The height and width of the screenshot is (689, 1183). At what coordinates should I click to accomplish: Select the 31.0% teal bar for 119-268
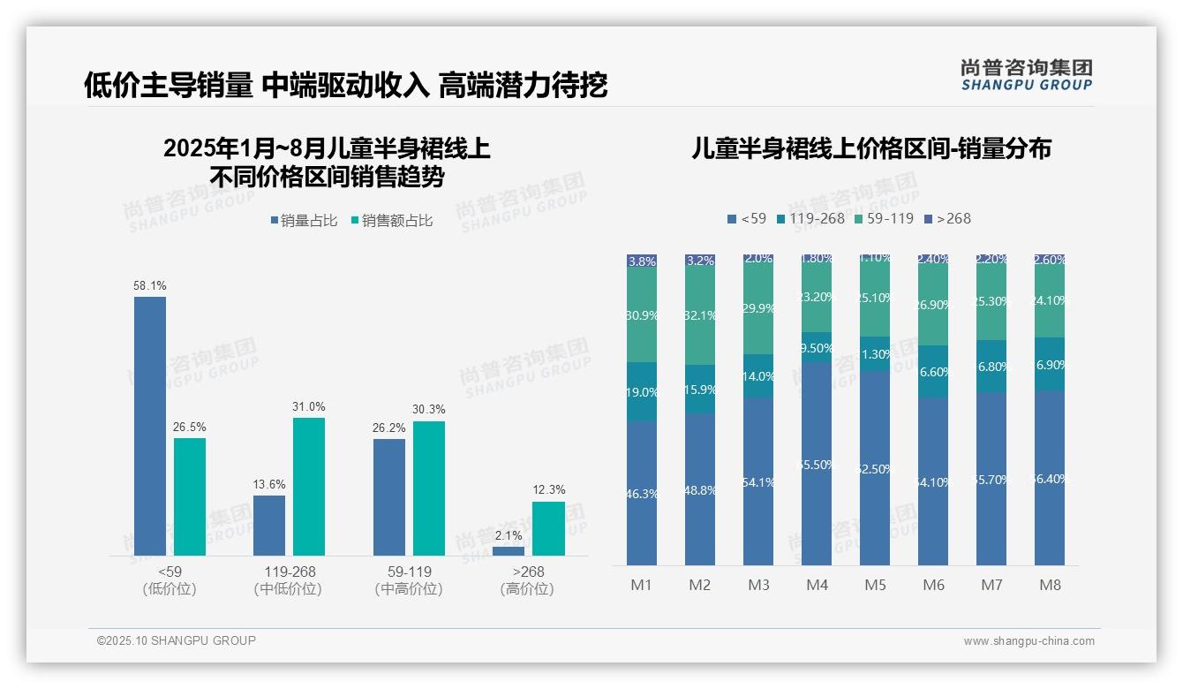click(x=309, y=487)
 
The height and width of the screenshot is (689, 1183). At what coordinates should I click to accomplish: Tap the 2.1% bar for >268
click(x=508, y=551)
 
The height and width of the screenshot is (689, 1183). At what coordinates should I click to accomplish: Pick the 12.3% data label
click(x=548, y=489)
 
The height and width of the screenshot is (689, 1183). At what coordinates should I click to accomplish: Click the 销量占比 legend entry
click(x=304, y=221)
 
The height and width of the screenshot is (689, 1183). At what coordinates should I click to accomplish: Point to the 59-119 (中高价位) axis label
click(x=409, y=580)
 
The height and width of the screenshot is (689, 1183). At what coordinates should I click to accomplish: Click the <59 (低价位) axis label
click(x=170, y=580)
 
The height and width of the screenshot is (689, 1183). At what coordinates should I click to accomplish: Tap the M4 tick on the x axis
click(x=817, y=585)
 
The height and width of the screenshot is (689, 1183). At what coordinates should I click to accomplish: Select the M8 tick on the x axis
click(x=1050, y=585)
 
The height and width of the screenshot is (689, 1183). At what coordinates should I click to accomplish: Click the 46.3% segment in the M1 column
click(x=642, y=493)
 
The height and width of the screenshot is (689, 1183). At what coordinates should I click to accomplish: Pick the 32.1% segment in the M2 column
click(x=700, y=316)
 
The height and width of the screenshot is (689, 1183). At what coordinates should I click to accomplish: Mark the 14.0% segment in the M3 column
click(x=758, y=376)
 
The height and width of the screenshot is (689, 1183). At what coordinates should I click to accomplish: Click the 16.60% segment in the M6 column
click(x=933, y=372)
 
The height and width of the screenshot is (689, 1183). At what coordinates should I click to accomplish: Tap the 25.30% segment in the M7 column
click(x=991, y=302)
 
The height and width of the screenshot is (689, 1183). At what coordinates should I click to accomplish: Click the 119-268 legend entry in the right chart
click(x=810, y=218)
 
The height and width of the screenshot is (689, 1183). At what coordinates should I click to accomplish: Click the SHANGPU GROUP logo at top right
click(x=1026, y=75)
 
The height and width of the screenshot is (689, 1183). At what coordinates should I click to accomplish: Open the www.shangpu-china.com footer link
click(x=1029, y=641)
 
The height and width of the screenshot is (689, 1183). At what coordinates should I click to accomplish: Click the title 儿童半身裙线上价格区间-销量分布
click(x=871, y=149)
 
